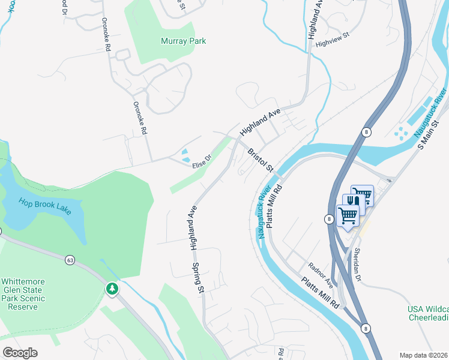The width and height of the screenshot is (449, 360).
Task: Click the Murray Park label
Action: pyautogui.click(x=183, y=41)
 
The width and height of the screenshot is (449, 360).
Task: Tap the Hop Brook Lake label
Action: pyautogui.click(x=45, y=205)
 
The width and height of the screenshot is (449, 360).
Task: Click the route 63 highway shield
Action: pyautogui.click(x=70, y=260)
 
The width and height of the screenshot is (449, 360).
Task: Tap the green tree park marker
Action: pyautogui.click(x=112, y=289)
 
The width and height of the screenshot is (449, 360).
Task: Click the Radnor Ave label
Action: pyautogui.click(x=321, y=273)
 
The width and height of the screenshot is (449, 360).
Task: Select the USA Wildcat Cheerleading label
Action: pyautogui.click(x=427, y=314)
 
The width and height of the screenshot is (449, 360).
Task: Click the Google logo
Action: pyautogui.click(x=20, y=353)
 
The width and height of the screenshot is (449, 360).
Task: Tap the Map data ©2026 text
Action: pyautogui.click(x=423, y=355)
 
